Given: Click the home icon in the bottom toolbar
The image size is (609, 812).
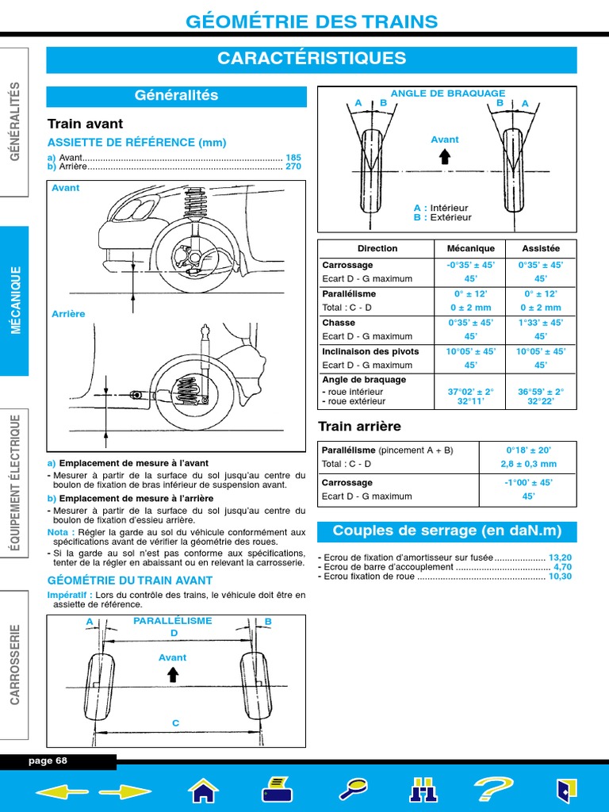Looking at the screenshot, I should pos(203,790).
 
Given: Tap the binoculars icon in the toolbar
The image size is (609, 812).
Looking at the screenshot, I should pos(423,790).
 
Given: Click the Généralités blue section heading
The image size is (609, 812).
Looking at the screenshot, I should pos(176,96).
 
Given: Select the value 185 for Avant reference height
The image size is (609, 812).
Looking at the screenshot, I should pos(293,158).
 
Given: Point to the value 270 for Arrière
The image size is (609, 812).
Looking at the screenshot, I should pos(293,167).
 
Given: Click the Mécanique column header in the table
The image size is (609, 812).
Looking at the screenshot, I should pos(470,248).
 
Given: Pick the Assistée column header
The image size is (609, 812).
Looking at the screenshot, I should pos(541,248).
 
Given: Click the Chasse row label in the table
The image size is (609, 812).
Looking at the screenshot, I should pos(339,323).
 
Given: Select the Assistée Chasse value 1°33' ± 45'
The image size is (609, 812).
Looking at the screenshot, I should pos(541,323).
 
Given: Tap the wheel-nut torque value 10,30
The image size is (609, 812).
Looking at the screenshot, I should pos(560,576).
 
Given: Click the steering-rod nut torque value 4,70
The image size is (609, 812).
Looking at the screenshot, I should pos(562,567).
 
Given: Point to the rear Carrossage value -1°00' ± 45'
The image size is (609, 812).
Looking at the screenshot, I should pos(528,482).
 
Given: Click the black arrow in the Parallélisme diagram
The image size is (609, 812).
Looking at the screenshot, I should pos(173,674).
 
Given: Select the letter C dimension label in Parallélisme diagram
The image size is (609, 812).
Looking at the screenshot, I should pos(176,722).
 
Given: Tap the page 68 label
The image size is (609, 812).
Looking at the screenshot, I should pos(48,760).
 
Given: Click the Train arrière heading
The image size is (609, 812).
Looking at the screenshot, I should pos(359,427).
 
